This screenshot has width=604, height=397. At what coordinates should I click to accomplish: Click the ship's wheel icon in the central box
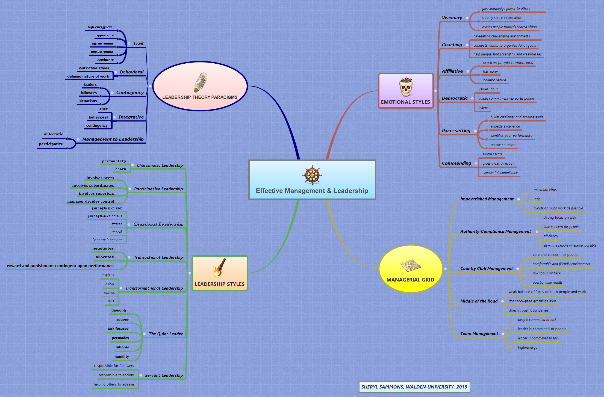(312, 175)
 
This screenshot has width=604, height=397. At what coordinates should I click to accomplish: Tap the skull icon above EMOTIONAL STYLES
(406, 87)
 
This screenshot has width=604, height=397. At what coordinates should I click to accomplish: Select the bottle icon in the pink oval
(200, 82)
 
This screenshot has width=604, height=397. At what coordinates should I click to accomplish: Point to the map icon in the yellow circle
(410, 265)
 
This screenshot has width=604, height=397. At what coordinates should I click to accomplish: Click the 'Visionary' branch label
(452, 18)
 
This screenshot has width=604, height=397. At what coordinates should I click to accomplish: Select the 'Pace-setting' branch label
(456, 131)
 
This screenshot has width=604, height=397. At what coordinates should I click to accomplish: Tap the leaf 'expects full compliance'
(500, 173)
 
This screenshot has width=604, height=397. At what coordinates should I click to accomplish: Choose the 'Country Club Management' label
(486, 269)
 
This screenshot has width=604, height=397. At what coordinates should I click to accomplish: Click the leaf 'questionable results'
(547, 283)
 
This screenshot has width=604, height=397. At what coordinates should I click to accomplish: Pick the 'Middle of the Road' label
(479, 301)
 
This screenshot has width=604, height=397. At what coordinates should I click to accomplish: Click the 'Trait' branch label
(138, 43)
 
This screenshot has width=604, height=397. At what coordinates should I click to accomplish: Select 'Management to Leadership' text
(113, 139)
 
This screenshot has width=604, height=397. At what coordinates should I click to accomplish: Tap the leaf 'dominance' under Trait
(105, 60)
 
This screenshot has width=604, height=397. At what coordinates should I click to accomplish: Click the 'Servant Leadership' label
(164, 375)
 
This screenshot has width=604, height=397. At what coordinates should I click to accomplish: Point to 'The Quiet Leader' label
(166, 334)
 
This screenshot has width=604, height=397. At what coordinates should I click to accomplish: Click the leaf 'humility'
(122, 357)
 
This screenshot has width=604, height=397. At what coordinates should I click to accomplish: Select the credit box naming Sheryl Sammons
(414, 387)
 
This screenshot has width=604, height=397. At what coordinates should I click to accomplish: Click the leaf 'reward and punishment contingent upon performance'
(60, 266)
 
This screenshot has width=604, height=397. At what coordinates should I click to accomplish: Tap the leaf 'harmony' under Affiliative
(490, 72)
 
